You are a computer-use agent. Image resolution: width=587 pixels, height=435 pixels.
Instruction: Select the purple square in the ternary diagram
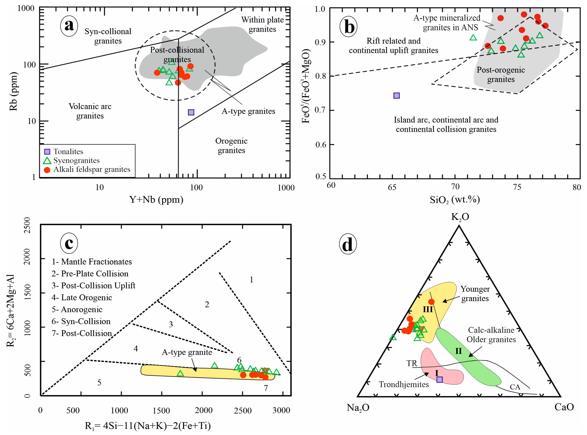coord(439,379)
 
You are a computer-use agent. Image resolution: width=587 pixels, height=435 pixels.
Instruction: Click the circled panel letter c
coord(69,243)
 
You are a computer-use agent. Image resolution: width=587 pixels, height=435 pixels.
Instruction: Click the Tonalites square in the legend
coord(47,152)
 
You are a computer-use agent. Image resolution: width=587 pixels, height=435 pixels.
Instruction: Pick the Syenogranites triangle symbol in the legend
coord(47,161)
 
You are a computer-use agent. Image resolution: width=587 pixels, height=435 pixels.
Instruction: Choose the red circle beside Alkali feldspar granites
coord(47,170)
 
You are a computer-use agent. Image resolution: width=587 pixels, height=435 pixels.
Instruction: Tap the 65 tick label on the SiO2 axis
coord(392,187)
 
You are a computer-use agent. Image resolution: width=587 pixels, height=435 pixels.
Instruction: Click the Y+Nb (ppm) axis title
coord(156,200)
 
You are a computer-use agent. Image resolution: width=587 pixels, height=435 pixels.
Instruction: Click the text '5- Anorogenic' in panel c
coord(77,309)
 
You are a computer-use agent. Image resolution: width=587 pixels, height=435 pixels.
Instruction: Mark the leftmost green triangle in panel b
coord(473,38)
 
